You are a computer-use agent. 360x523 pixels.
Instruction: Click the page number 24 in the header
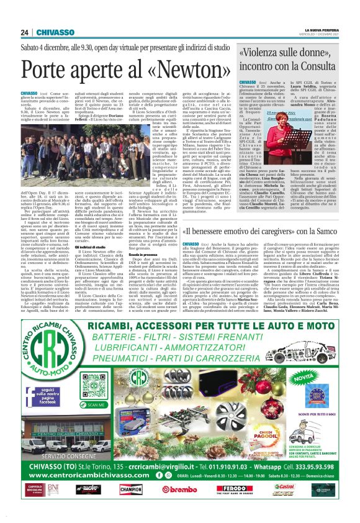click(x=24, y=32)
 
